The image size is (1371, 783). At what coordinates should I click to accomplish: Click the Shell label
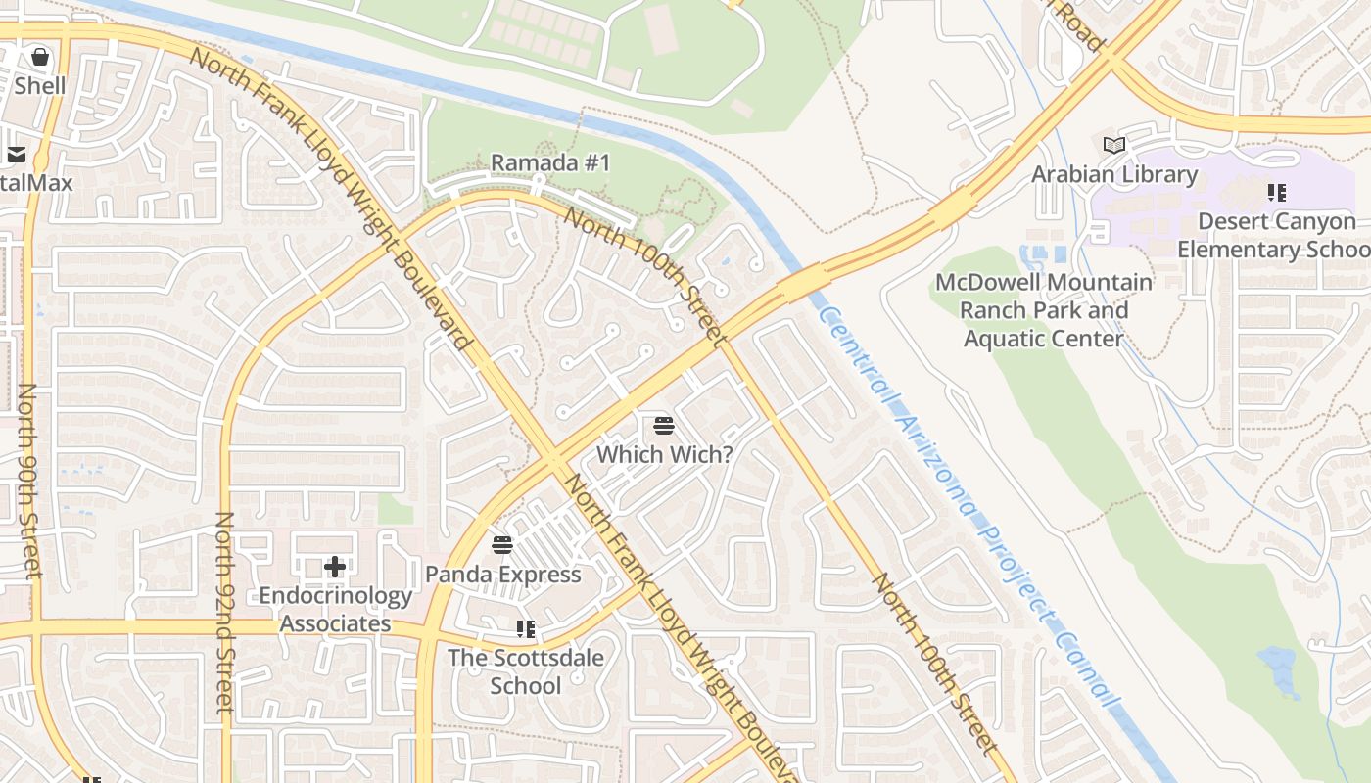(40, 86)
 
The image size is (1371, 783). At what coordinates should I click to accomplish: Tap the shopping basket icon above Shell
(40, 57)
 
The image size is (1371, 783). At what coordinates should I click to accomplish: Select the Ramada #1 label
(550, 162)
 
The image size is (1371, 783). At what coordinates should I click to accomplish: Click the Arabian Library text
(1114, 174)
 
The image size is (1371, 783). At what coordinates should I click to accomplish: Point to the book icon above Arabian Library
(1114, 145)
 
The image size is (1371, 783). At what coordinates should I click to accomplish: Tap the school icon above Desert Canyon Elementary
(1276, 192)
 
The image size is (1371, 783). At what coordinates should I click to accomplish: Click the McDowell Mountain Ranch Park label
(1044, 310)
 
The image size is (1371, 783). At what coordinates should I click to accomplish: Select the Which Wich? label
(664, 454)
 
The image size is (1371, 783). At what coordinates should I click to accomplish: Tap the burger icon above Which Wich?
(664, 425)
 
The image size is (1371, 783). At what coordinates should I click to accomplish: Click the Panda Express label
(503, 575)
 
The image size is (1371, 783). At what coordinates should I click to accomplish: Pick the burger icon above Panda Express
(502, 545)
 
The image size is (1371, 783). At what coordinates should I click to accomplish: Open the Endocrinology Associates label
(335, 609)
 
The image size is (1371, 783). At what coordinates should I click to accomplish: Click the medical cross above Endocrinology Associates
(335, 567)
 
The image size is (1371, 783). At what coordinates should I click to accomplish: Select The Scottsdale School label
(526, 670)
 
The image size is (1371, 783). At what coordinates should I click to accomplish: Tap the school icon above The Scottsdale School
(526, 628)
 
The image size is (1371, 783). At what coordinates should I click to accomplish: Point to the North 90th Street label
(28, 480)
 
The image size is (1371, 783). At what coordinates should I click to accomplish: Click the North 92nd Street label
(224, 612)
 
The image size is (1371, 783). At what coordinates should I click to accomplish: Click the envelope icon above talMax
(17, 155)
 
